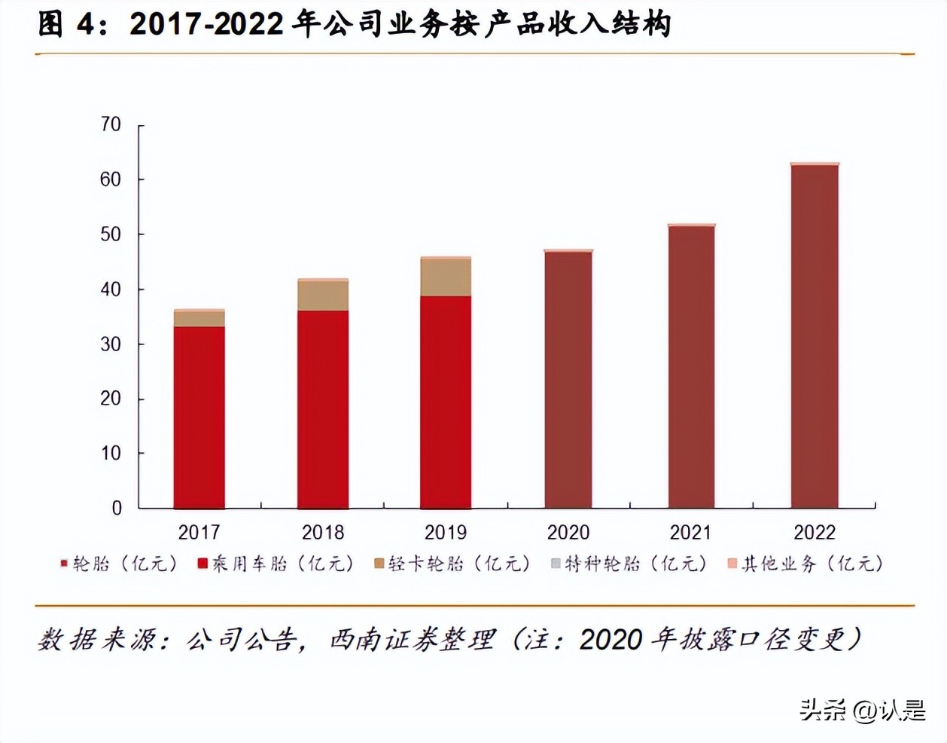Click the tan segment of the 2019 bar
[446, 277]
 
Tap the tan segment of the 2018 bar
[323, 295]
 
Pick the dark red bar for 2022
[815, 336]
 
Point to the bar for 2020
[568, 380]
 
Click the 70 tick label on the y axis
[111, 124]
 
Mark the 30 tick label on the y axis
[111, 344]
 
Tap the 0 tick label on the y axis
[117, 509]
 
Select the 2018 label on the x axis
[323, 533]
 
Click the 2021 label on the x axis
[691, 533]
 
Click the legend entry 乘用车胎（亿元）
[276, 564]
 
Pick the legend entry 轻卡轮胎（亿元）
[452, 564]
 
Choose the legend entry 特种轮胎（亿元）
[629, 564]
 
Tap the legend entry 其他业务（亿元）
[805, 564]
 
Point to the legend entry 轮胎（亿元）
[119, 564]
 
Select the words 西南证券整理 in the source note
[413, 641]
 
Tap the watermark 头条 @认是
[863, 710]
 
